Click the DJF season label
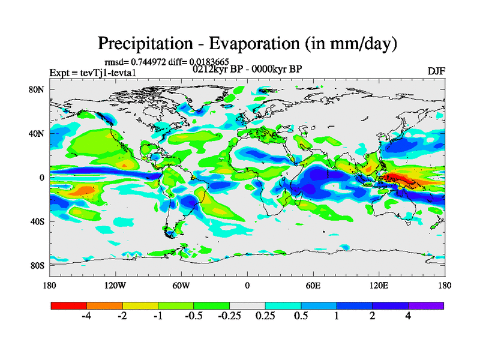point(436,71)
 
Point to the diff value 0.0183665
point(210,61)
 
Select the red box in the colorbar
point(69,305)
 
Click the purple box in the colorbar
point(426,305)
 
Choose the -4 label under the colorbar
point(86,316)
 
